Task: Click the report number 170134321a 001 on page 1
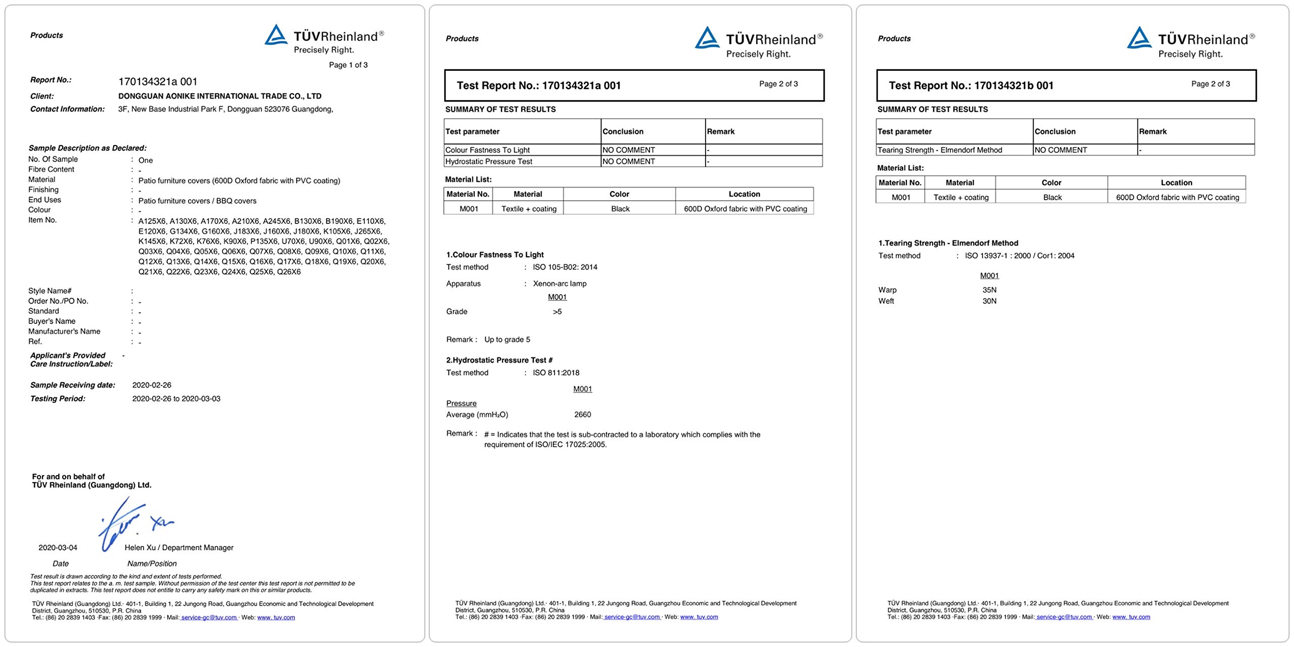tap(158, 81)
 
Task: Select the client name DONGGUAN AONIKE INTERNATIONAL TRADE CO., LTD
tap(220, 96)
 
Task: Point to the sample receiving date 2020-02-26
tap(152, 385)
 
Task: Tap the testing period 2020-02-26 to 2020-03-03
tap(176, 399)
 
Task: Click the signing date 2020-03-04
tap(58, 547)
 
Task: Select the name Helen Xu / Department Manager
tap(179, 547)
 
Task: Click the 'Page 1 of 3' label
tap(348, 65)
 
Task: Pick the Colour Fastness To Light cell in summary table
tap(487, 150)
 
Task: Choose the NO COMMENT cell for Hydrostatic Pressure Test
tap(628, 162)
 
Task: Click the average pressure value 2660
tap(582, 414)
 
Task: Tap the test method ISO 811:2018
tap(556, 373)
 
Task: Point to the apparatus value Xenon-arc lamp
tap(560, 284)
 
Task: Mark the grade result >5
tap(557, 312)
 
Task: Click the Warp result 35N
tap(989, 290)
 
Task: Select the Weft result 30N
tap(989, 301)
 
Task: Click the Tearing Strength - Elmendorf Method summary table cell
tap(940, 150)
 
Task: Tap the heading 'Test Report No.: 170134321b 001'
tap(971, 85)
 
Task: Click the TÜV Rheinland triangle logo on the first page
tap(276, 35)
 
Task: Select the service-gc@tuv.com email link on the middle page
tap(632, 617)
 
